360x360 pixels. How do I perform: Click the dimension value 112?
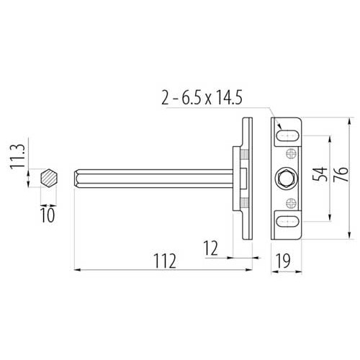(165, 261)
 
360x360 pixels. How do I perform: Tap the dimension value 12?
(211, 248)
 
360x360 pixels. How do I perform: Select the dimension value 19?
(283, 261)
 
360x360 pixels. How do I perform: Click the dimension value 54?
(320, 174)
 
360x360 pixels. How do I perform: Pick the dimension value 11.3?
(17, 156)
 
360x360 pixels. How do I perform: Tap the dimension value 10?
(48, 215)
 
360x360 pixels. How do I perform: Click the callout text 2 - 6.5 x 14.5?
(202, 98)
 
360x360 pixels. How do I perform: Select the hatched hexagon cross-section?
(48, 178)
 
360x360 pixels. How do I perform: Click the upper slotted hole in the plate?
(287, 135)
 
